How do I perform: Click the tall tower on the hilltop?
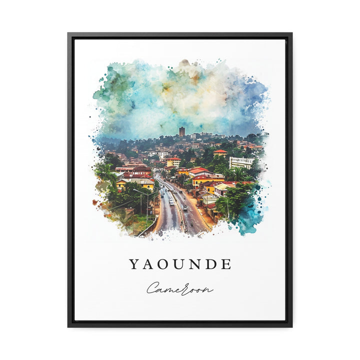point(181,131)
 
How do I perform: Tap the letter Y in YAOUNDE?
point(134,264)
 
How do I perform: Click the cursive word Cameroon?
point(179,289)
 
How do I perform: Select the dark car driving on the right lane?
point(184,207)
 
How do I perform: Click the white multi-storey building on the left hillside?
point(162,154)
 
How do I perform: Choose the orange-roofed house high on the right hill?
point(220,152)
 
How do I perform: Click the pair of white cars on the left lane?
point(171,200)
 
